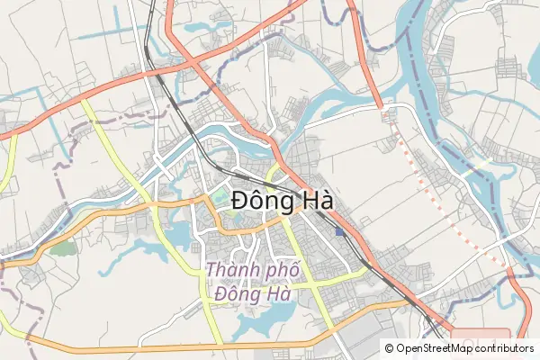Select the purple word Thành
tap(233, 269)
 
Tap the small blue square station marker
tap(338, 232)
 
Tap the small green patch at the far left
tap(61, 246)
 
